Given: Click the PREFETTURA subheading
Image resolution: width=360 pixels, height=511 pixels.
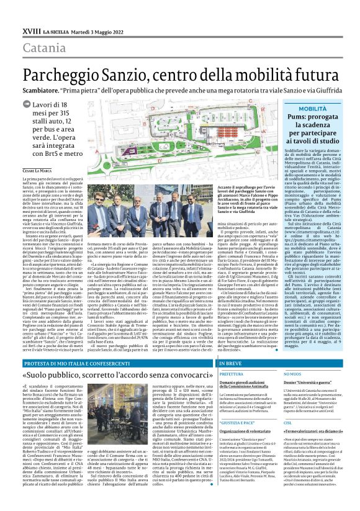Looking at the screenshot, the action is tap(214, 374).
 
